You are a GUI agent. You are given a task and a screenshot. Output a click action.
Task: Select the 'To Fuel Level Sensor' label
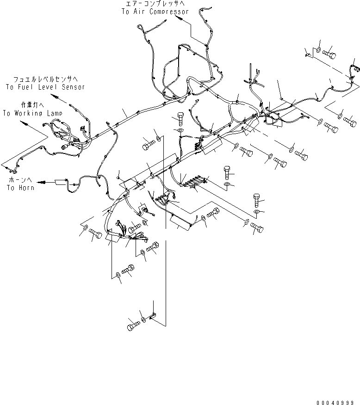pos(45,87)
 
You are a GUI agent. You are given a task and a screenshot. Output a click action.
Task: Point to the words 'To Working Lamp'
pos(32,113)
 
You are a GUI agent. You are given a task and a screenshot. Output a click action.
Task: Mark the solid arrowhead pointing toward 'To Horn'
pos(42,182)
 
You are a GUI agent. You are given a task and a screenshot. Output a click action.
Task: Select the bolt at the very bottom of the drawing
pos(132,325)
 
